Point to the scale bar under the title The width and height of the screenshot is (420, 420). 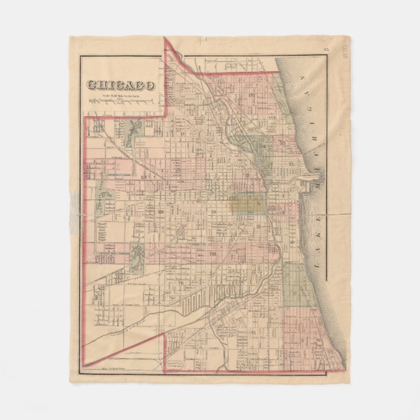[121, 100]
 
